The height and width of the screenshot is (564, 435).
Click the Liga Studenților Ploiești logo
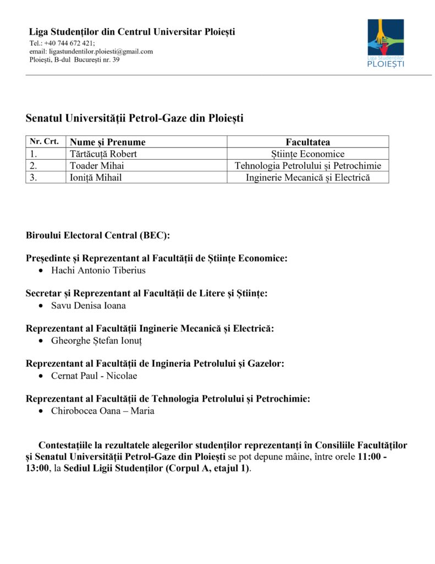pyautogui.click(x=386, y=42)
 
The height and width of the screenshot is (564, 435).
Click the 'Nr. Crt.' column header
pyautogui.click(x=45, y=142)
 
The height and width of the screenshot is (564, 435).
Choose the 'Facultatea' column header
pyautogui.click(x=308, y=142)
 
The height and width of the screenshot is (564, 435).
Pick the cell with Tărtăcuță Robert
pyautogui.click(x=103, y=154)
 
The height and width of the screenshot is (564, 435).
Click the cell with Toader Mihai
pyautogui.click(x=93, y=166)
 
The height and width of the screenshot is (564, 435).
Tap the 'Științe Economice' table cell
pyautogui.click(x=308, y=154)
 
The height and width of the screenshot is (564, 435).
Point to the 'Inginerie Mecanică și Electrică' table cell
pyautogui.click(x=308, y=177)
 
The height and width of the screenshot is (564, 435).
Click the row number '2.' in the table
pyautogui.click(x=34, y=166)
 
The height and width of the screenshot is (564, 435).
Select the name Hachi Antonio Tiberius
pyautogui.click(x=98, y=270)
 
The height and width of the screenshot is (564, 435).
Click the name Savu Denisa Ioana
pyautogui.click(x=89, y=306)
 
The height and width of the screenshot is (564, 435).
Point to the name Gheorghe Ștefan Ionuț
pyautogui.click(x=96, y=341)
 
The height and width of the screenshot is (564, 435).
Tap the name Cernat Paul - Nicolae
pyautogui.click(x=94, y=376)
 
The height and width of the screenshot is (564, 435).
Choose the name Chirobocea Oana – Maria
pyautogui.click(x=102, y=411)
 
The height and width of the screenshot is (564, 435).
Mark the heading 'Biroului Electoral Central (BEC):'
pyautogui.click(x=98, y=235)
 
